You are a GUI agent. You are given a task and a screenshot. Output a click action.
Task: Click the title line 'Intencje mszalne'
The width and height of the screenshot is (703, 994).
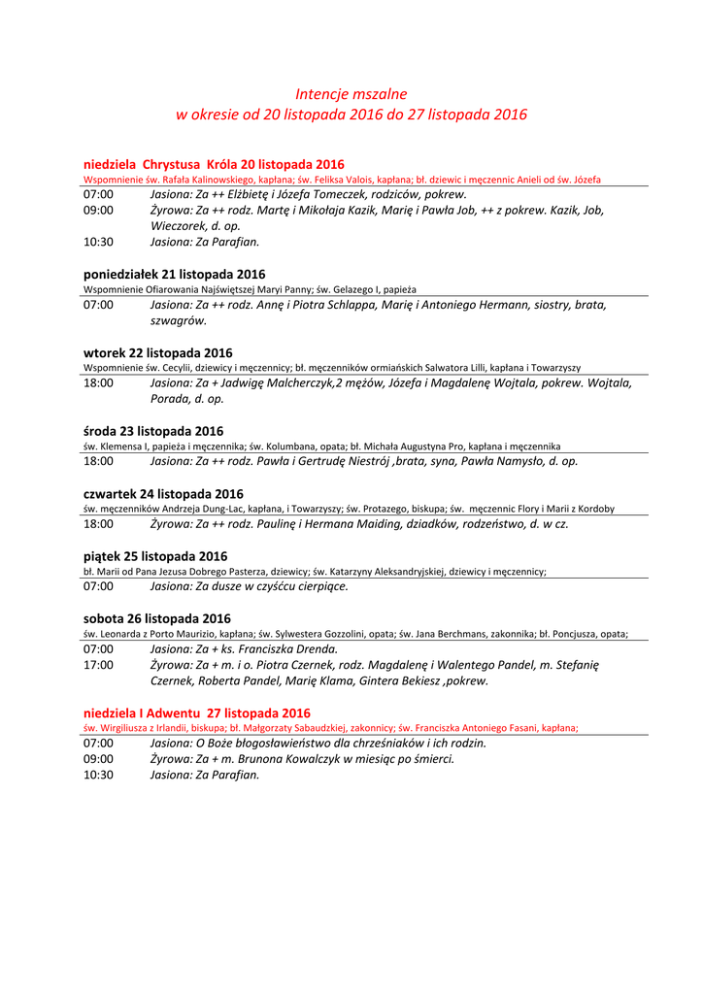(351, 94)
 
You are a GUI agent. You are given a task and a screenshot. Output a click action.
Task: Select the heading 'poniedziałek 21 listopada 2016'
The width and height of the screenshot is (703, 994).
(175, 275)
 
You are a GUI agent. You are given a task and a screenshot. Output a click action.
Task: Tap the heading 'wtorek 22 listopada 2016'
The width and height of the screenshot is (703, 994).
(158, 353)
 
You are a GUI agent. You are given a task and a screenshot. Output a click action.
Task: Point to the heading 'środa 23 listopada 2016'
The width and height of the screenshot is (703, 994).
(153, 431)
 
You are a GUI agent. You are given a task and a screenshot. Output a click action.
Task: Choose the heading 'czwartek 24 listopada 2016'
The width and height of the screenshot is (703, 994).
(163, 494)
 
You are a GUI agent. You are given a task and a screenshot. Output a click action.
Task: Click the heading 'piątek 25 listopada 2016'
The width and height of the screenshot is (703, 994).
(155, 556)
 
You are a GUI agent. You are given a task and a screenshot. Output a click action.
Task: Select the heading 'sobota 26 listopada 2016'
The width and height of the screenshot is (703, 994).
(157, 619)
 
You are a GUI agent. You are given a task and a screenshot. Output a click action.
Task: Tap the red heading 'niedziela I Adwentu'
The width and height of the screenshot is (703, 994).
(197, 712)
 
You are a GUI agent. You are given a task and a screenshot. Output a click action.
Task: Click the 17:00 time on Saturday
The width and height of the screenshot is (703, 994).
(98, 665)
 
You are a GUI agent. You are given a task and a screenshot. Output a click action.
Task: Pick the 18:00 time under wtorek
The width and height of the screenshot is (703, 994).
(98, 383)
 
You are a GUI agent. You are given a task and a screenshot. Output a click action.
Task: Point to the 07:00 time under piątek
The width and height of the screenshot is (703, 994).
(98, 586)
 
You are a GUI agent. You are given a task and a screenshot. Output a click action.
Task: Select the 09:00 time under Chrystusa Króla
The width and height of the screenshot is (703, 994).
(98, 210)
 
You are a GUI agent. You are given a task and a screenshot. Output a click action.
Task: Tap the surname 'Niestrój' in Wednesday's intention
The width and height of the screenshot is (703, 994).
(364, 461)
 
